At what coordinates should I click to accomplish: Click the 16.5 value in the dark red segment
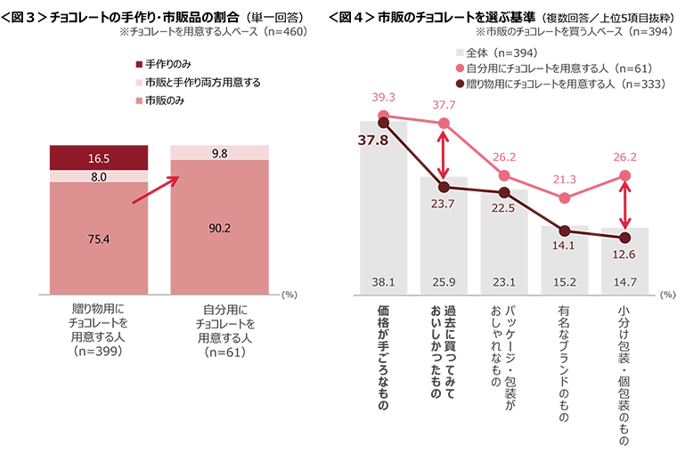(99, 158)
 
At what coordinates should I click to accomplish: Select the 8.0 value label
(99, 177)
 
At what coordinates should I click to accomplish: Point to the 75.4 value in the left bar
(99, 239)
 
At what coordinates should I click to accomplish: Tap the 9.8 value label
(220, 153)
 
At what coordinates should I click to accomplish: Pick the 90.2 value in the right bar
(218, 228)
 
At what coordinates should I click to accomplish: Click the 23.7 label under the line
(443, 204)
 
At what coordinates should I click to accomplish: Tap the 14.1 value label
(564, 248)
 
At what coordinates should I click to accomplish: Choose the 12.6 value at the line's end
(624, 255)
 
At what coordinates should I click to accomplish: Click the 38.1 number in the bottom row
(382, 284)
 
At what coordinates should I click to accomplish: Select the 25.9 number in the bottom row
(443, 284)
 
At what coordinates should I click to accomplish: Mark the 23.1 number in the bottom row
(504, 284)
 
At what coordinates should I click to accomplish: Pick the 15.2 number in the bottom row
(564, 284)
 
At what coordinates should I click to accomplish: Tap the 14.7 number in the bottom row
(624, 284)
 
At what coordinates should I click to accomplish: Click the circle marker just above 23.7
(444, 186)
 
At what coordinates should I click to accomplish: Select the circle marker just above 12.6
(624, 237)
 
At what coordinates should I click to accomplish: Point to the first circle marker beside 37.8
(383, 122)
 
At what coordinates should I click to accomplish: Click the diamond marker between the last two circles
(594, 234)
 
